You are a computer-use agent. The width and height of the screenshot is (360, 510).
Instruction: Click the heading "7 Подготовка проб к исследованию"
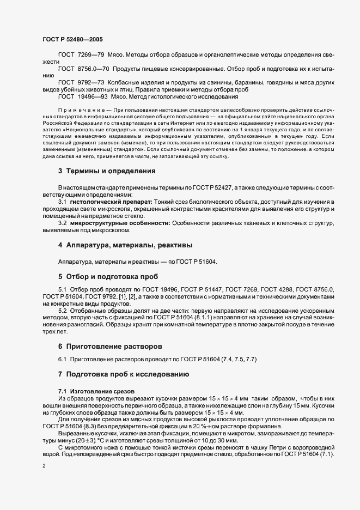124,374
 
